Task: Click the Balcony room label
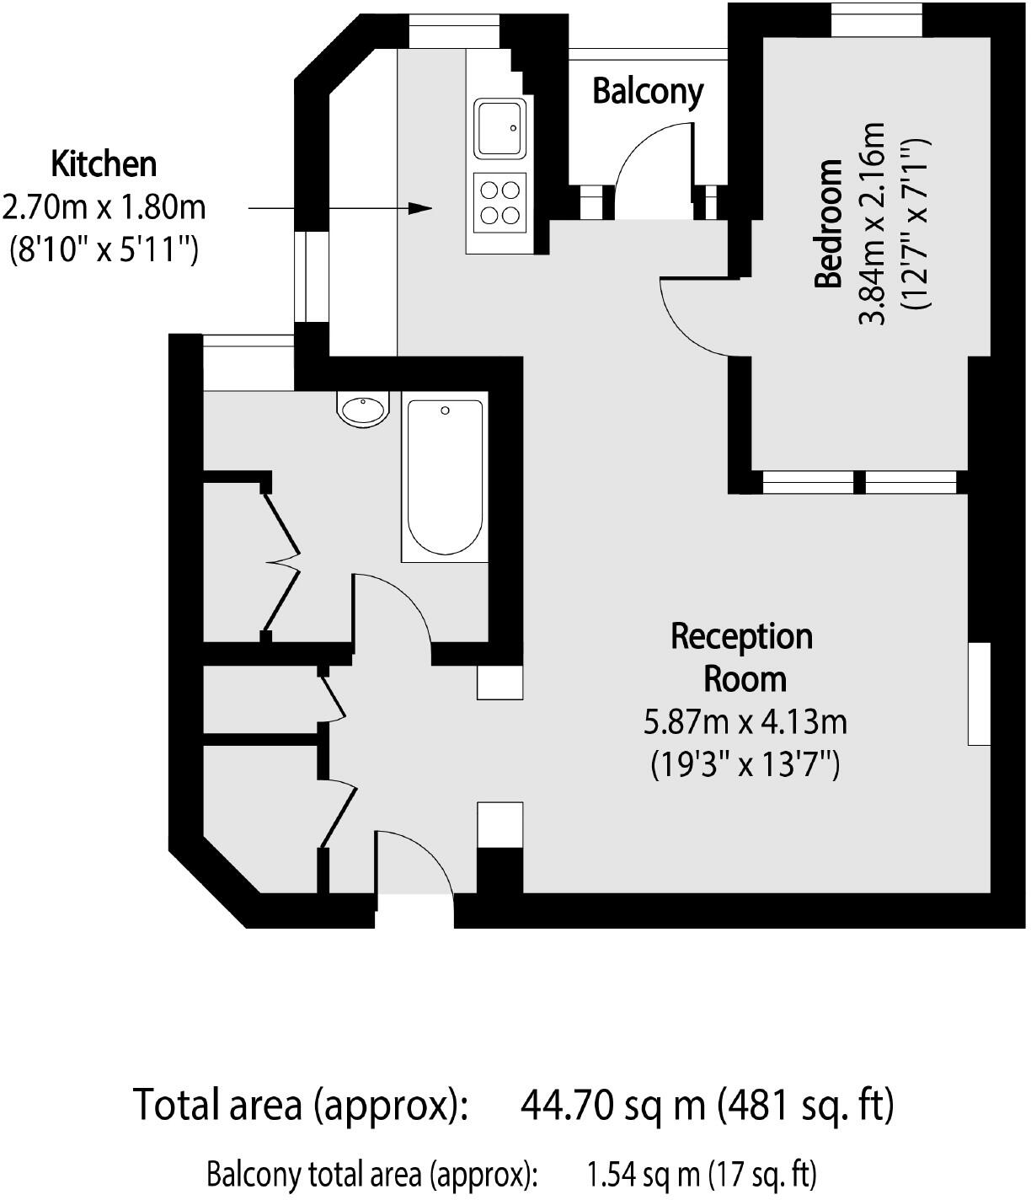tap(648, 93)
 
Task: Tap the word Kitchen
tap(104, 164)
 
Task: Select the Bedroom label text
tap(829, 223)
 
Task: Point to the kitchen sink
tap(500, 128)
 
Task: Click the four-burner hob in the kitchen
tap(500, 202)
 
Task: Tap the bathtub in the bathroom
tap(445, 477)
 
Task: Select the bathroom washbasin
tap(363, 409)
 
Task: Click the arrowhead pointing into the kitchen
tap(420, 208)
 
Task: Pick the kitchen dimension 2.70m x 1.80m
tap(104, 208)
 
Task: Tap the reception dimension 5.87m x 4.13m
tap(745, 723)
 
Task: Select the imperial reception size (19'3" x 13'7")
tap(745, 764)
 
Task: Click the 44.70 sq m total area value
tap(613, 1105)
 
